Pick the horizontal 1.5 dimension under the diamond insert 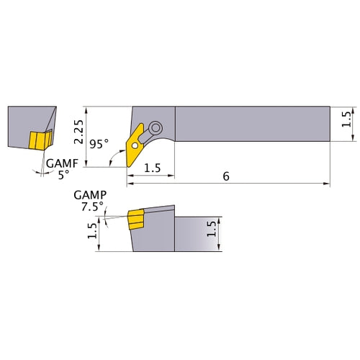tap(152, 168)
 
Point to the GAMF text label tap(60, 163)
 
